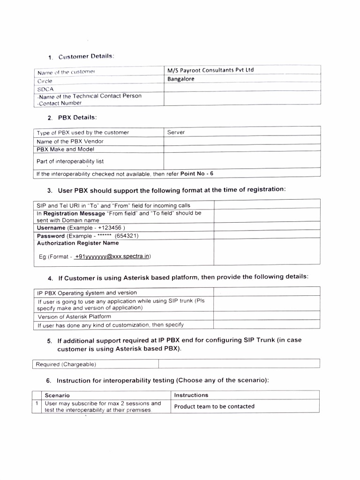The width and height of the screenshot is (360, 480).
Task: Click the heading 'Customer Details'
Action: pos(86,57)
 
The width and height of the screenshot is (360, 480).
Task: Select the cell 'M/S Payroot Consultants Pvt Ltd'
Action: pos(210,70)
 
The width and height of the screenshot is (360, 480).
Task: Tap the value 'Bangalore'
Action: pos(181,79)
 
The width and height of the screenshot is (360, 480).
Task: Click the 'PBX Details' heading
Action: pos(77,117)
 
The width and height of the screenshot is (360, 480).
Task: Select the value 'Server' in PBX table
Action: pos(176,133)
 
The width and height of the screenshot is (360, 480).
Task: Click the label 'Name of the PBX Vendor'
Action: pos(70,141)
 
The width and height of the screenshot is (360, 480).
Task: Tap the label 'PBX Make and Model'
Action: pos(66,150)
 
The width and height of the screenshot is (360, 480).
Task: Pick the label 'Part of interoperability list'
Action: pos(70,161)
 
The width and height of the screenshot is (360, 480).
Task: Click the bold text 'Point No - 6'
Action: pos(197,173)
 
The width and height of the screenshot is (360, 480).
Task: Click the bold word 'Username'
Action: pos(51,228)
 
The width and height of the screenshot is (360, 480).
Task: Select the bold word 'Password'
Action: pos(51,236)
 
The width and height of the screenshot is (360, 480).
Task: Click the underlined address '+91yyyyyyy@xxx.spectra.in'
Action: pos(112,257)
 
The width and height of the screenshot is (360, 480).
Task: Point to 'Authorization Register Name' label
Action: pos(78,243)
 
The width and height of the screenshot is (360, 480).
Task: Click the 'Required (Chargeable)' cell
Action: pos(66,364)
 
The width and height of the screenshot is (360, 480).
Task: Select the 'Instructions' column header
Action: pos(191,395)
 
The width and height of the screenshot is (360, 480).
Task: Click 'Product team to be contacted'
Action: pos(214,406)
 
